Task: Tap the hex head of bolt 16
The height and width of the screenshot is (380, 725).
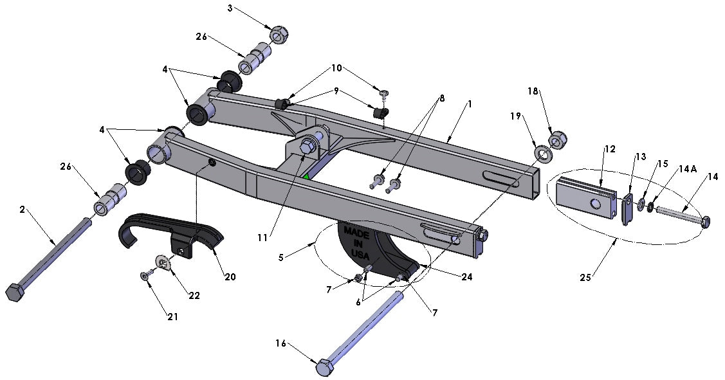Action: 326,368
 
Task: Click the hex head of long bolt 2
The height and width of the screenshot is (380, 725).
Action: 15,293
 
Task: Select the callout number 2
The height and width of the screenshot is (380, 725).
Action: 22,210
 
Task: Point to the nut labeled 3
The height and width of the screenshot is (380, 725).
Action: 279,35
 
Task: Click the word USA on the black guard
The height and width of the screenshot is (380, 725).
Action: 360,254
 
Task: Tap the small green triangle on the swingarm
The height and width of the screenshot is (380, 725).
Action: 307,176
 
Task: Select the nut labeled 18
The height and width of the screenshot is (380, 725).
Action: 556,140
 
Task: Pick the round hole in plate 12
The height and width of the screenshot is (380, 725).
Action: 594,204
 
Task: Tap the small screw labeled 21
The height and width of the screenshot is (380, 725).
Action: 144,275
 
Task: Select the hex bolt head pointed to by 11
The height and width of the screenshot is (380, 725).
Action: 308,147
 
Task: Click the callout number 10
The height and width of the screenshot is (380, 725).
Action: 336,68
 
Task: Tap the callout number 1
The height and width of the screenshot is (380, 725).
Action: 469,104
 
